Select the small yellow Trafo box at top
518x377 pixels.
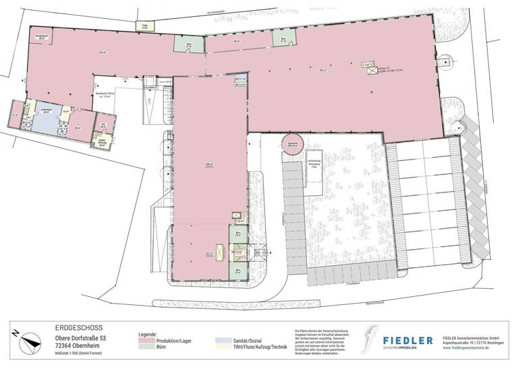tap(145, 27)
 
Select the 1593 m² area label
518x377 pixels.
tap(322, 70)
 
